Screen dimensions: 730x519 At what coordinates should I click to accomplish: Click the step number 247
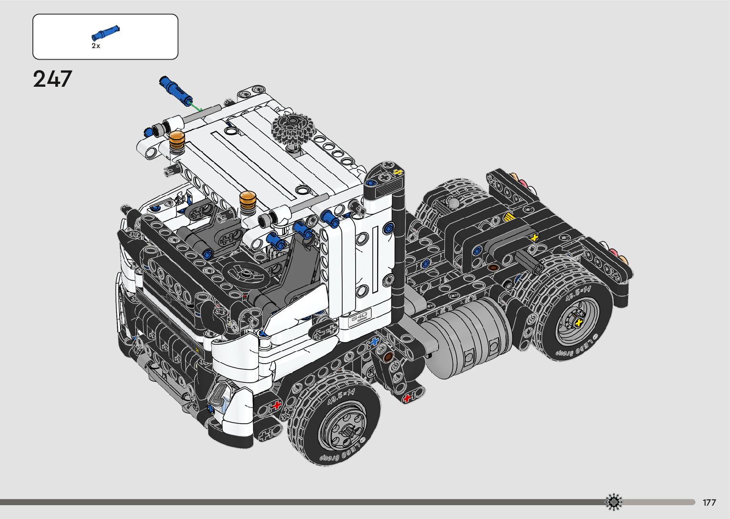click(52, 79)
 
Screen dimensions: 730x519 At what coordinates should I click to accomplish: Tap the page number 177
click(709, 502)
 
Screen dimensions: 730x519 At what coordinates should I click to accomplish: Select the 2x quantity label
click(96, 46)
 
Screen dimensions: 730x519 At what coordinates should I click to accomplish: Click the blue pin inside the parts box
click(105, 33)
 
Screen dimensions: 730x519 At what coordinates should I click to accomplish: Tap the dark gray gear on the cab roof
click(292, 130)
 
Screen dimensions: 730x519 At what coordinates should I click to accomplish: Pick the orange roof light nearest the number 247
click(176, 140)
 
